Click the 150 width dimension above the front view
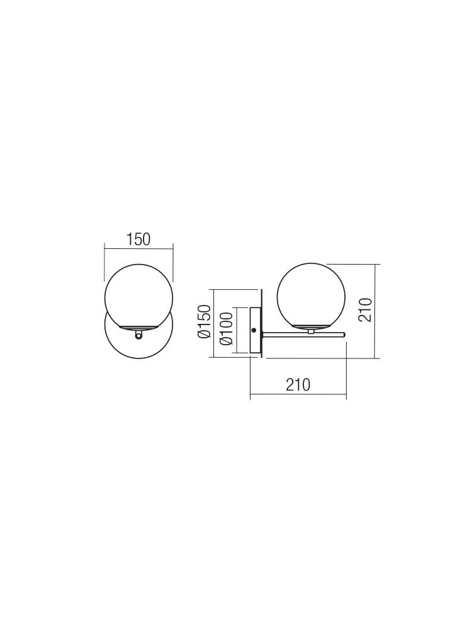[138, 239]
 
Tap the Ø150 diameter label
[204, 321]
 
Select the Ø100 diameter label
[226, 329]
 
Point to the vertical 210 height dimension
[365, 310]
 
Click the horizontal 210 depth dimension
[298, 384]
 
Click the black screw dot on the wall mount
[253, 330]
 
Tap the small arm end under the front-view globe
[138, 335]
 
